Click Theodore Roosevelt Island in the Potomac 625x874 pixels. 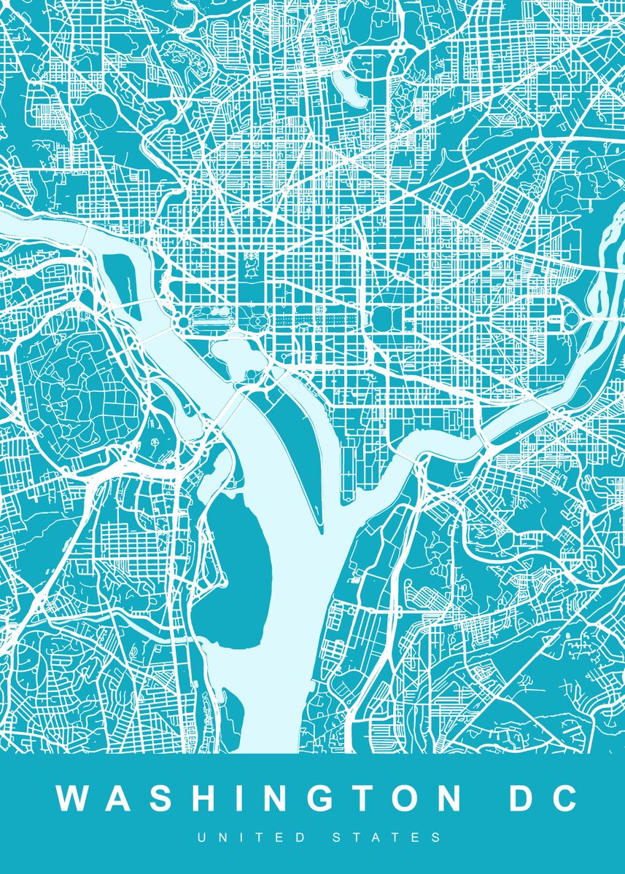(120, 280)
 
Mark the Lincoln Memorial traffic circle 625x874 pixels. (181, 320)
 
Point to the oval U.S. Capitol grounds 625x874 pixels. (384, 319)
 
